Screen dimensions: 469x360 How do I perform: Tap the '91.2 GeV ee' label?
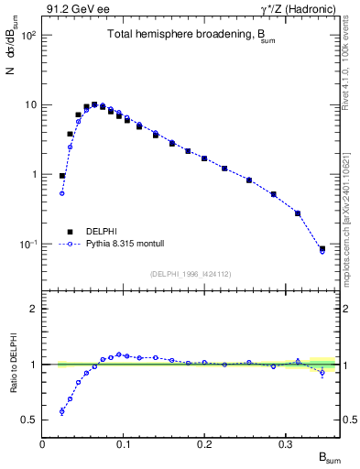72,9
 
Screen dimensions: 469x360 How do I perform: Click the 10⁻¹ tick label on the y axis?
28,245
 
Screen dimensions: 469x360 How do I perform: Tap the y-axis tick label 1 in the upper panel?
34,174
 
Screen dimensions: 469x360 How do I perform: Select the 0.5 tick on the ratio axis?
30,420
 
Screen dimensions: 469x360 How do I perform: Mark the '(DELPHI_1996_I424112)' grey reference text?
191,273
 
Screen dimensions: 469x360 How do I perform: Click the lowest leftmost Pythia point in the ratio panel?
62,411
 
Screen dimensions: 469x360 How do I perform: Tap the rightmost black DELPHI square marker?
322,248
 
